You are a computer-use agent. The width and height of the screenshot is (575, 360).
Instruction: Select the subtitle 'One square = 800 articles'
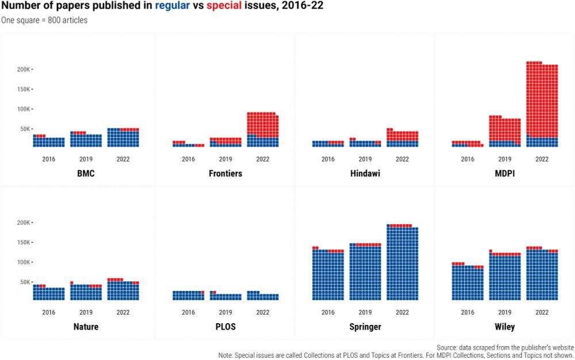[44, 20]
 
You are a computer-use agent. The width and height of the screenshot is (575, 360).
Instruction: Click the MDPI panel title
[504, 173]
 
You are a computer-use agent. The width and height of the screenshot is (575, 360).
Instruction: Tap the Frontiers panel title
[225, 173]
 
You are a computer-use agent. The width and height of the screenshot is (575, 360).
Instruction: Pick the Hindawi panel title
[365, 173]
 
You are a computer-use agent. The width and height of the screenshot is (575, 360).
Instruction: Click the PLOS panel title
[225, 327]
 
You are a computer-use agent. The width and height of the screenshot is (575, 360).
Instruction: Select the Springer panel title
[365, 327]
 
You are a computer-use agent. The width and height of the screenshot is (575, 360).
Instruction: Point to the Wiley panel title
[504, 327]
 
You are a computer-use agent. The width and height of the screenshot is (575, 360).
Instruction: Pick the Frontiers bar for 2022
[263, 130]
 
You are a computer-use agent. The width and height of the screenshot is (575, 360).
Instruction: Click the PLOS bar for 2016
[188, 296]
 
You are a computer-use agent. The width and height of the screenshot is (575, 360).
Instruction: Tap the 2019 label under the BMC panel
[86, 159]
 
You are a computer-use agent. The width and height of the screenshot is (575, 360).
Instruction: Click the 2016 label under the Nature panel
[49, 312]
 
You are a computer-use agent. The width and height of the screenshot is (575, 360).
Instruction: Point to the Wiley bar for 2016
[467, 282]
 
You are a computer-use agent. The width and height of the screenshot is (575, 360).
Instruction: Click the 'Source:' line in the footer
[505, 348]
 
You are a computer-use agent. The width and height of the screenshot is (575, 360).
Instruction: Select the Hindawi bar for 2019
[365, 143]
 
